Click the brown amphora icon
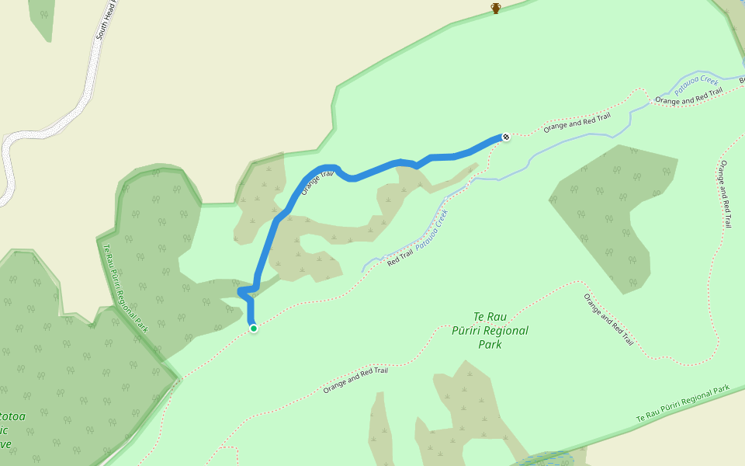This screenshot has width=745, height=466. tap(496, 8)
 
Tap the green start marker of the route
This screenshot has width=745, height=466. tap(253, 329)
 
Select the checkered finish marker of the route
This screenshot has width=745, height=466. tap(506, 137)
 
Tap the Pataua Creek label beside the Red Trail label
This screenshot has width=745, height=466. tap(431, 230)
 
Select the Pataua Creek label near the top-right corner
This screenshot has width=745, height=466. tap(698, 85)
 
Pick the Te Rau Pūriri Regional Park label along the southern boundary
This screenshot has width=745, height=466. tap(683, 404)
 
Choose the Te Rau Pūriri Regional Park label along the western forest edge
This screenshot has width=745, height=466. tap(125, 288)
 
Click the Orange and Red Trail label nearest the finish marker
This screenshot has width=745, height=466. tap(577, 122)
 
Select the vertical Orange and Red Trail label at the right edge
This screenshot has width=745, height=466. tap(726, 193)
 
